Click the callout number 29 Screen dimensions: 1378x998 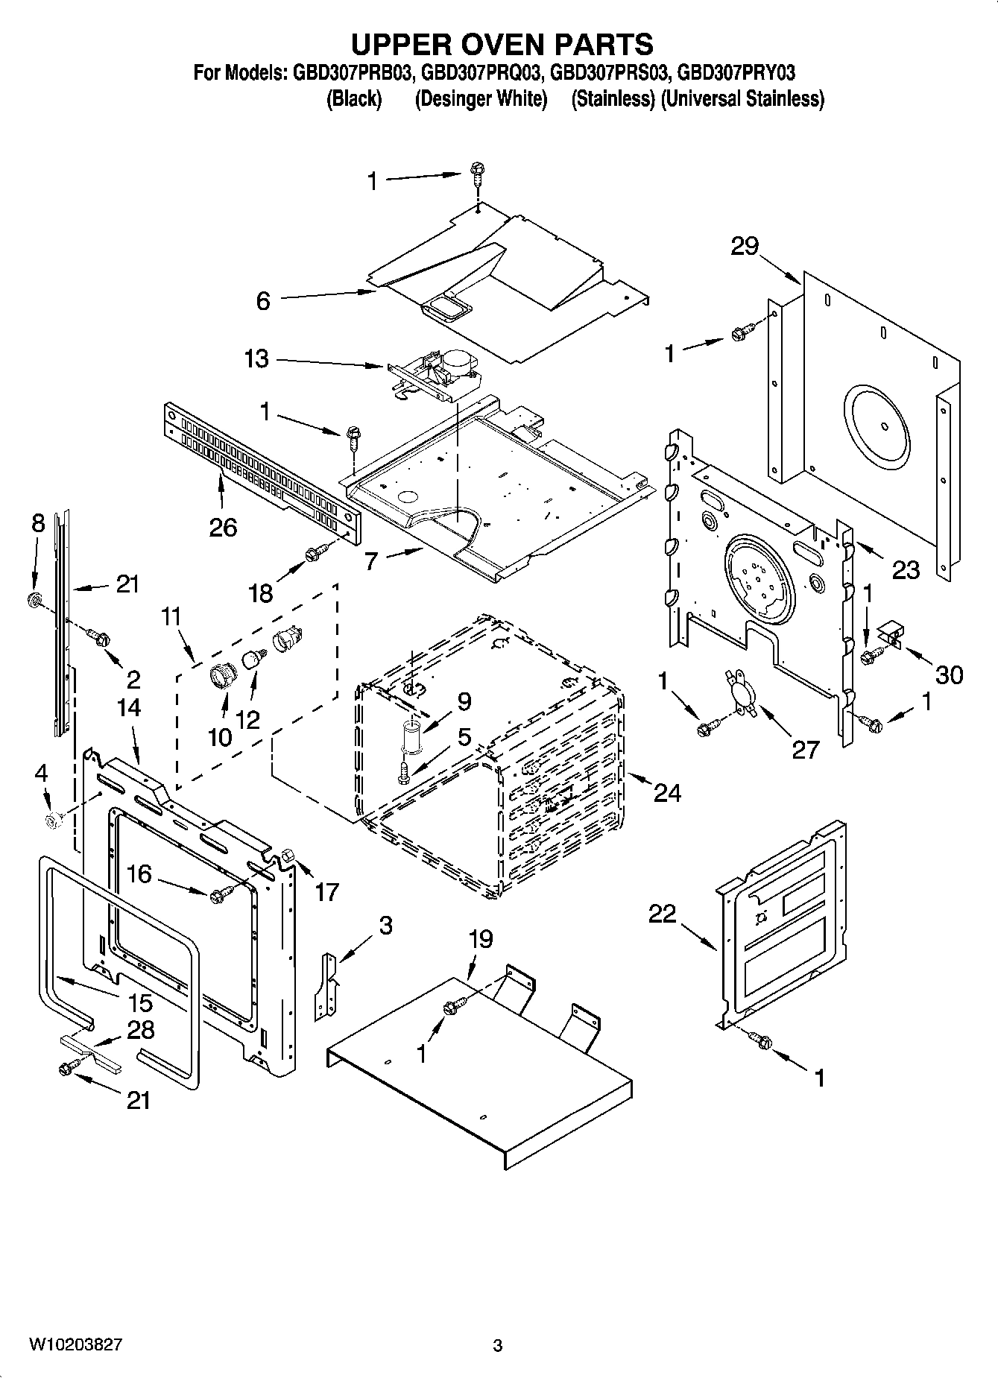point(744,247)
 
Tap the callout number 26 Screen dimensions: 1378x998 point(222,528)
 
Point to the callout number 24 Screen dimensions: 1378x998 point(666,793)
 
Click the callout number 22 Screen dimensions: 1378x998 point(661,914)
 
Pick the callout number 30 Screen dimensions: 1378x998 point(948,675)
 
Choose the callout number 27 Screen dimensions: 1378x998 point(805,750)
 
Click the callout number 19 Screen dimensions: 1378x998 point(481,939)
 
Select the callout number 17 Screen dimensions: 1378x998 point(326,891)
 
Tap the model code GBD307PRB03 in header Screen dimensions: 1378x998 point(353,73)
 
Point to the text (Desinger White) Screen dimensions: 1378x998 point(481,99)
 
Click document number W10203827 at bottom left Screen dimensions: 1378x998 point(76,1345)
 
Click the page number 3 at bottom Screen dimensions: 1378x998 point(498,1346)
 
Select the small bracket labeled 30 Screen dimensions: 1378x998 point(890,635)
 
